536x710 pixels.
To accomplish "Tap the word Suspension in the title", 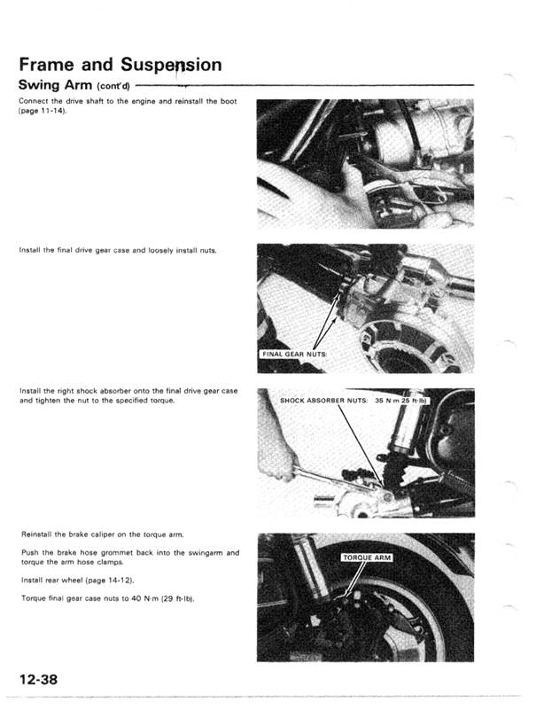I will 171,65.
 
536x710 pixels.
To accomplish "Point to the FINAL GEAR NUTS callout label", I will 294,355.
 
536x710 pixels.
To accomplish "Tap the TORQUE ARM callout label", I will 366,558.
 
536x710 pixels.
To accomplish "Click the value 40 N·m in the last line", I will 132,599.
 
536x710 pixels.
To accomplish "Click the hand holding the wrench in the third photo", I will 277,461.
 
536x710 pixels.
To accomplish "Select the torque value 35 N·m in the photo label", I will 389,401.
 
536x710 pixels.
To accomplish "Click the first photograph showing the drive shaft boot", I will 364,164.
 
